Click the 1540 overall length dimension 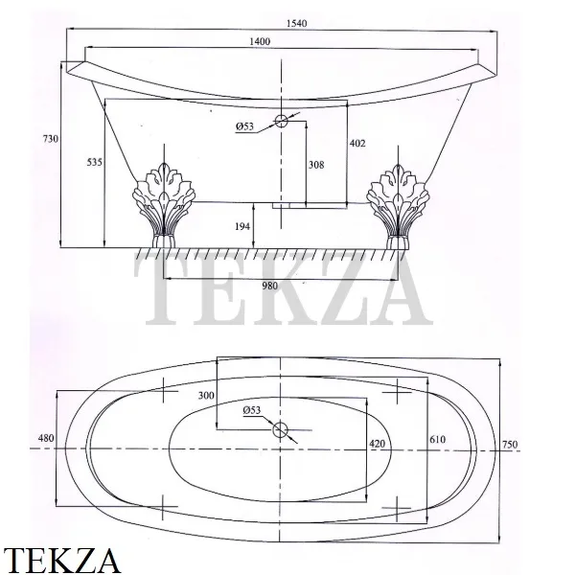coord(296,23)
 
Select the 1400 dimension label coord(260,41)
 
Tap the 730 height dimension coord(51,139)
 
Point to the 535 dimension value coord(94,162)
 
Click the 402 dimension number coord(357,143)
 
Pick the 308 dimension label coord(316,165)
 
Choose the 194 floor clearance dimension coord(242,226)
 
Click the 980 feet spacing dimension coord(270,286)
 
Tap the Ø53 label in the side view coord(244,126)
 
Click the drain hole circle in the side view coord(281,121)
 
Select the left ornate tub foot coord(163,205)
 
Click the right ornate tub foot coord(398,206)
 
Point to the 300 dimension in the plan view coord(206,395)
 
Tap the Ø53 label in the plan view coord(251,410)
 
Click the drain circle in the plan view coord(280,429)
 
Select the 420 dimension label coord(377,444)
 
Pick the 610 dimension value coord(437,439)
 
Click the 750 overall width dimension coord(510,445)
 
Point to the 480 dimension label coord(46,438)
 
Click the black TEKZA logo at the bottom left coord(61,561)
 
